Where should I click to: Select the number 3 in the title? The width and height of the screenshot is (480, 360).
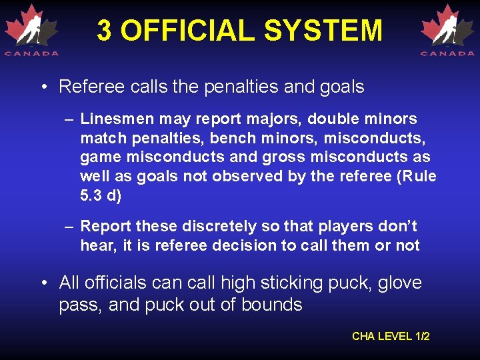click(104, 31)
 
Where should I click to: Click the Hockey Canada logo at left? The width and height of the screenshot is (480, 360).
click(31, 30)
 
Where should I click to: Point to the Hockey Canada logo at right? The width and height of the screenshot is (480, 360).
click(447, 30)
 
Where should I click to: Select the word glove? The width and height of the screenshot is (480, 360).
click(400, 283)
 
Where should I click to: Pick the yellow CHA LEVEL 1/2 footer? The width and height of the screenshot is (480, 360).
click(391, 336)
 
